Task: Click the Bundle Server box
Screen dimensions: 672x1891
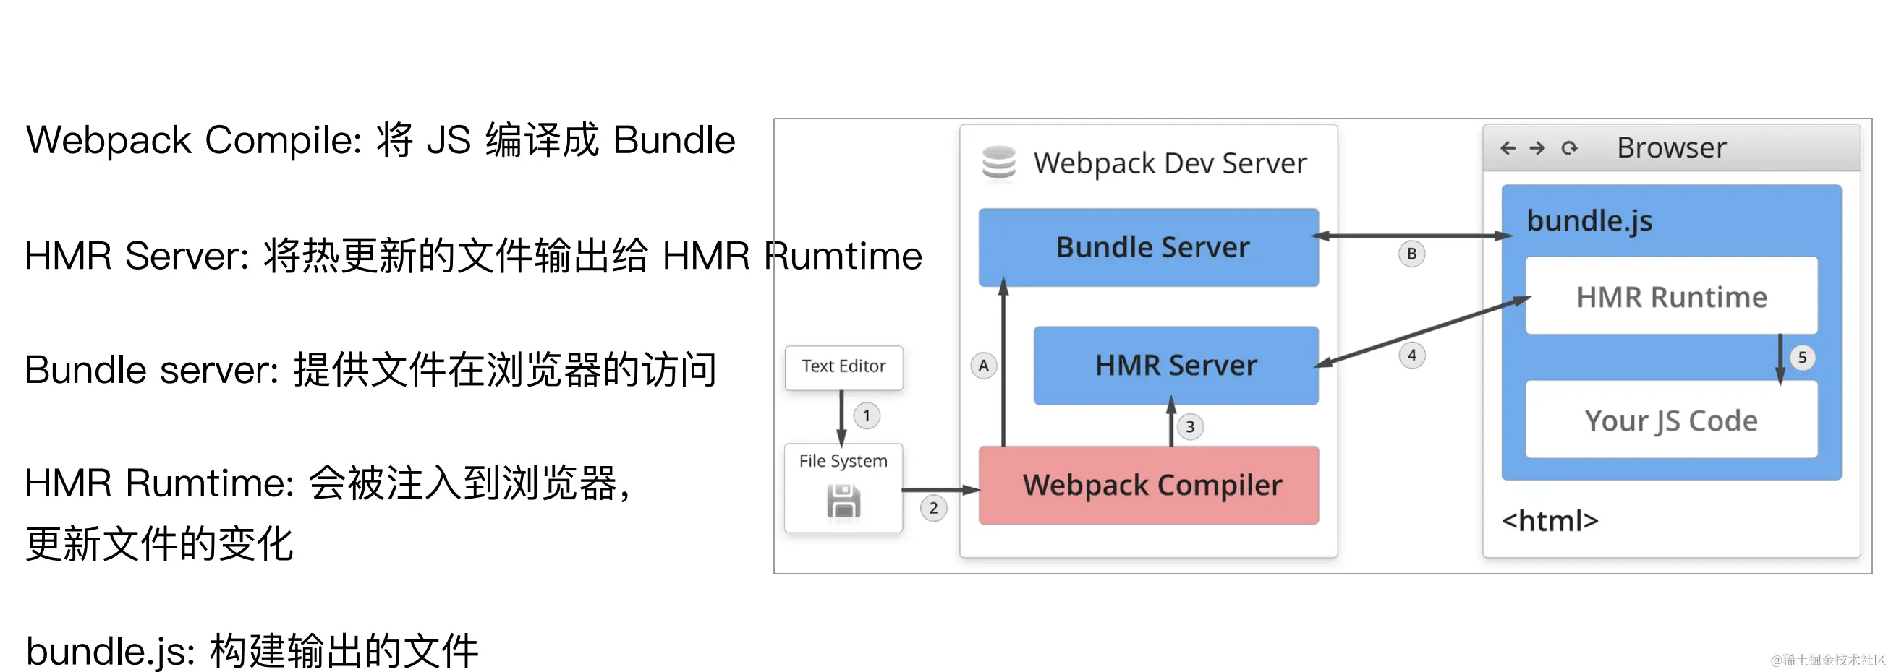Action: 1148,247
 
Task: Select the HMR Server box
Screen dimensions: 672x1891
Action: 1176,366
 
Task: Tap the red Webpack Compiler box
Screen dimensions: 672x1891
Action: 1148,485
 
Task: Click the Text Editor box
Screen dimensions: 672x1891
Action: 843,367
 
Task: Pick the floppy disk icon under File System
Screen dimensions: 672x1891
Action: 843,502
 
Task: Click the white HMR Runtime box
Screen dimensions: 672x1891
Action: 1671,296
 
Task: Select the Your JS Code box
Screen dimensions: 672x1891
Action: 1671,421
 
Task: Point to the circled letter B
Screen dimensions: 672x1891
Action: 1411,254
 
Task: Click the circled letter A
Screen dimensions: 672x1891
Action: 983,366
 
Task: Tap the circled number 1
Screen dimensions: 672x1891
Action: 866,416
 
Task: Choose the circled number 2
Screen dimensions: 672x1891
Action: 933,508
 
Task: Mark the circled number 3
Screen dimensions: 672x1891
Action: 1190,427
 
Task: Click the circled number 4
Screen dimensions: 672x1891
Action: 1411,356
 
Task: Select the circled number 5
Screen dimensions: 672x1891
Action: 1802,358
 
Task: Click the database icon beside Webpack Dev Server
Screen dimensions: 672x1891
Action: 999,163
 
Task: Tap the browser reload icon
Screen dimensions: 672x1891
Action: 1570,148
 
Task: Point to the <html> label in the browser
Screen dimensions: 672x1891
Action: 1550,521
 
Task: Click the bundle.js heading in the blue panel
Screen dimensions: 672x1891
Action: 1589,221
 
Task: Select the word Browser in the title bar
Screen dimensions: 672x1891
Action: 1672,148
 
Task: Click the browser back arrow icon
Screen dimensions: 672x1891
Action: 1508,148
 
